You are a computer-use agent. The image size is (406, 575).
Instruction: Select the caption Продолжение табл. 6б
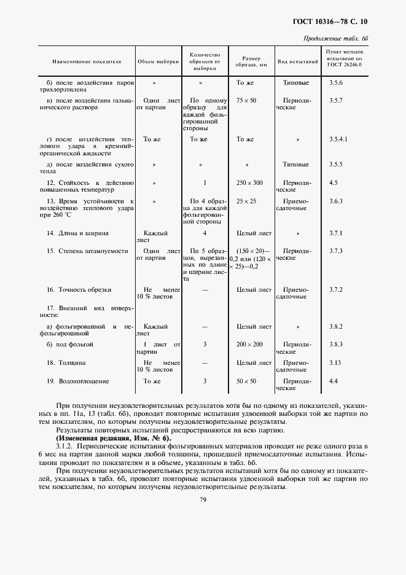tap(336, 39)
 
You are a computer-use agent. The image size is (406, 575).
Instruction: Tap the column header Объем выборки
tap(158, 62)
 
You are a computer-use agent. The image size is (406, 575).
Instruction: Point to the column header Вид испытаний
tap(297, 62)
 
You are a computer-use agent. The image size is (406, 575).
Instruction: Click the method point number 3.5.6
tap(336, 82)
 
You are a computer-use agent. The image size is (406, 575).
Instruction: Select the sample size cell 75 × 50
tap(246, 100)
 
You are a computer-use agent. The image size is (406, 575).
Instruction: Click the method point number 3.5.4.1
tap(338, 139)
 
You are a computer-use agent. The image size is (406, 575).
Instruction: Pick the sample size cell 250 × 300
tap(249, 183)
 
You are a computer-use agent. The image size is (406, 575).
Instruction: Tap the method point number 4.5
tap(334, 183)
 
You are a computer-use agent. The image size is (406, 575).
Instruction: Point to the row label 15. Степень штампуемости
tap(83, 251)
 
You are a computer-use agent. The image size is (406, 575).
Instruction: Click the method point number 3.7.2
tap(336, 289)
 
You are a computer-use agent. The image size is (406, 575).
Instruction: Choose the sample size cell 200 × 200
tap(249, 345)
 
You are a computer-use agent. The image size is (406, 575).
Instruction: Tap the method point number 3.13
tap(334, 363)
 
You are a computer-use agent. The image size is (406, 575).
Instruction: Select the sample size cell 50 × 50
tap(246, 381)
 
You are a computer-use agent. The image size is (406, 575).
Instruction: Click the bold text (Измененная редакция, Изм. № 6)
tap(112, 438)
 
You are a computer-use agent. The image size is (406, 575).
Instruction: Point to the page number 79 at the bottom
tap(203, 500)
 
